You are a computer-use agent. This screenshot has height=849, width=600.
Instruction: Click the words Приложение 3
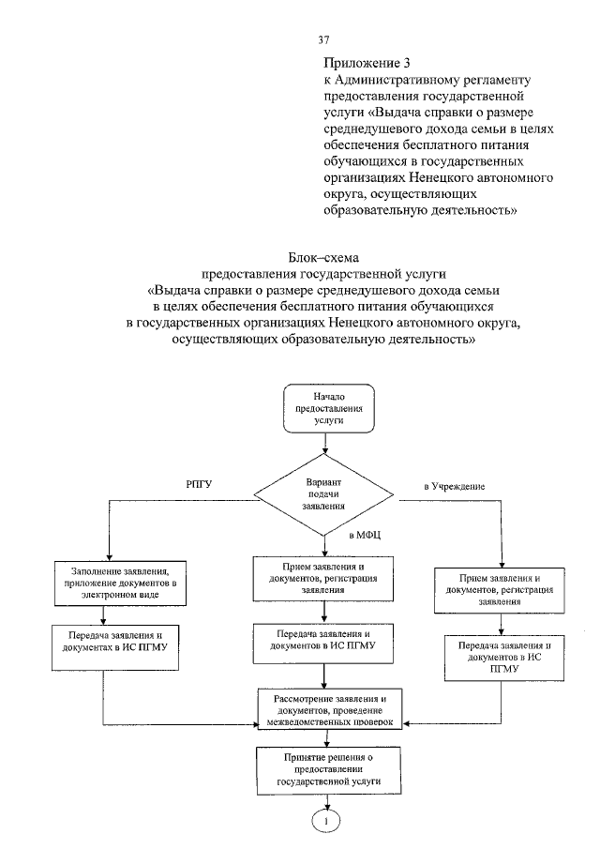click(354, 64)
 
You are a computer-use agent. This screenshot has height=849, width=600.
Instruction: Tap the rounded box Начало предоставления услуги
click(323, 410)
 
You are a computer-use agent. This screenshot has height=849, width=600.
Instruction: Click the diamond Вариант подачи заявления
click(323, 492)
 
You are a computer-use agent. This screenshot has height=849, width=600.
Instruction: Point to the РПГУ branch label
click(200, 484)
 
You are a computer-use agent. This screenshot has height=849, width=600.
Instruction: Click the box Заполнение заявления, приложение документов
click(111, 583)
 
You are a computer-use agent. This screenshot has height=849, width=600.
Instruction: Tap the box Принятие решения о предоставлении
click(323, 767)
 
